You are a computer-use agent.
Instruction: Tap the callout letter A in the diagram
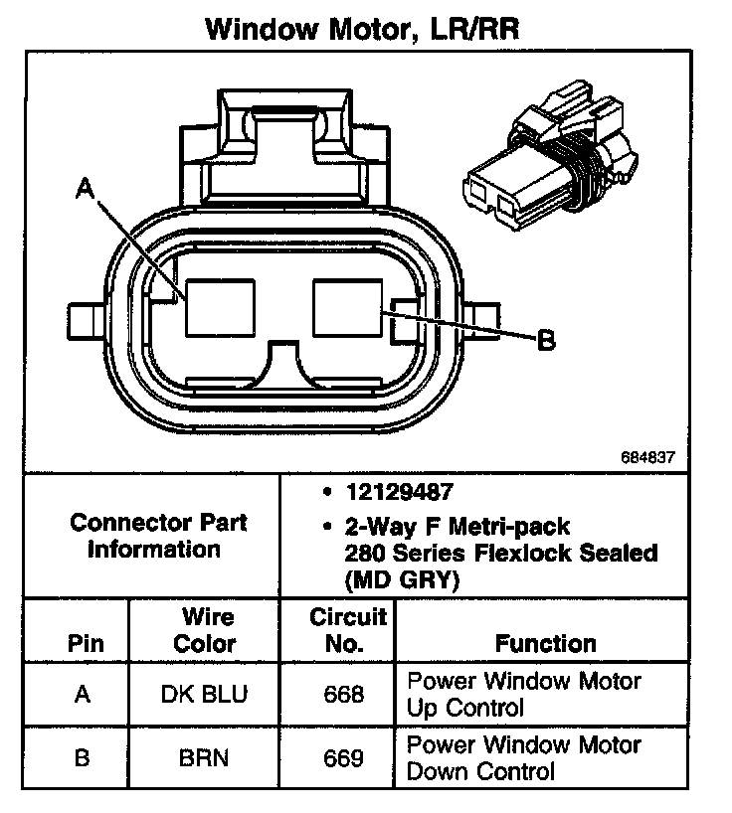click(86, 189)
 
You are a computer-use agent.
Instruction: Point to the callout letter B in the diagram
click(545, 341)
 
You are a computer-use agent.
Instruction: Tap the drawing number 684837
click(647, 459)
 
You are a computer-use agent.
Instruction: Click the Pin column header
click(85, 643)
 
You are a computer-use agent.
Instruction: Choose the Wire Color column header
click(205, 630)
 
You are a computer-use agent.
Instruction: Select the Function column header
click(545, 643)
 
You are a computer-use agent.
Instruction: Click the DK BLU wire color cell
click(205, 695)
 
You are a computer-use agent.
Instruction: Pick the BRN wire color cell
click(204, 757)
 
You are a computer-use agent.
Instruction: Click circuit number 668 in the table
click(344, 695)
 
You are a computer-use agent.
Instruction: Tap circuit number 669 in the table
click(344, 757)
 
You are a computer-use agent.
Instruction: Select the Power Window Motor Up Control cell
click(524, 695)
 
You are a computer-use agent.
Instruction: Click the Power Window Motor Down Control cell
click(524, 757)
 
